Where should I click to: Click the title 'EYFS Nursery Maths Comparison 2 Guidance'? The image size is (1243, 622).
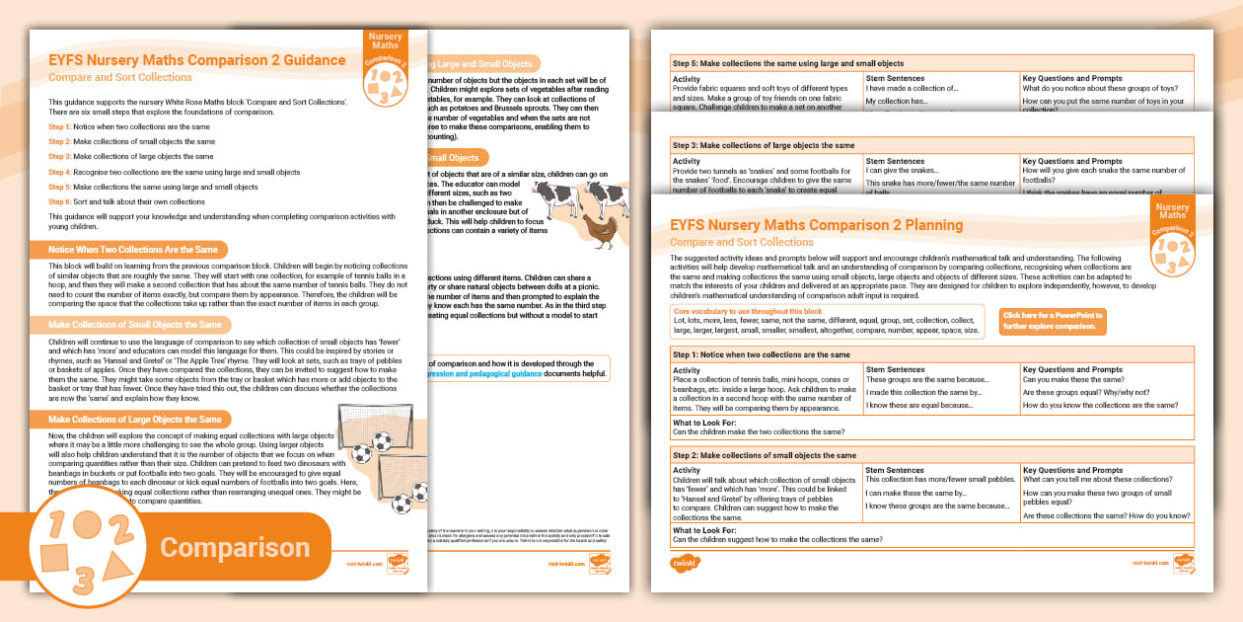point(197,60)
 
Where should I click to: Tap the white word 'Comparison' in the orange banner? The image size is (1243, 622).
point(235,547)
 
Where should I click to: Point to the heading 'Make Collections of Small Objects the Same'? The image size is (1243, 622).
point(135,324)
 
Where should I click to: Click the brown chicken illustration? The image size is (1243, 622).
point(599,233)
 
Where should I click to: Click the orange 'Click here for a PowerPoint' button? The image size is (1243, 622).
point(1052,321)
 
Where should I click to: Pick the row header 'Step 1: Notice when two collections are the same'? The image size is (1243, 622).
point(761,353)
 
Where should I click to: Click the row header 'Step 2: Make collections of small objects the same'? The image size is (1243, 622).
point(765,456)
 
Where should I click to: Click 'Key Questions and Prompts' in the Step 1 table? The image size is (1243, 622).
point(1072,369)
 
